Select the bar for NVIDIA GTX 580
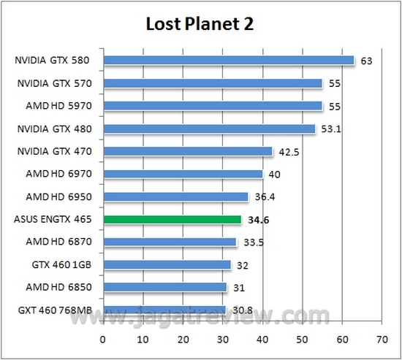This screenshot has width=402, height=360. coord(228,61)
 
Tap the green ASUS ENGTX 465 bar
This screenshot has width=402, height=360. coord(172,219)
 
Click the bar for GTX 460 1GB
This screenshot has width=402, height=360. coord(167,264)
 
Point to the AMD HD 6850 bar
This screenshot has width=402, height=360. coord(164,287)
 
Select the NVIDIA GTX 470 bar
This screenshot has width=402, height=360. coord(187,151)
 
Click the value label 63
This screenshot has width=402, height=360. coord(367,61)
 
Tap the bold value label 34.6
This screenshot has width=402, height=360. coord(259,219)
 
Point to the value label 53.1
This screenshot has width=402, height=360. coord(333,129)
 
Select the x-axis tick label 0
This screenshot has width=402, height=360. coord(103,339)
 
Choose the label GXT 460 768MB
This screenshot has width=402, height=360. coord(55,310)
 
